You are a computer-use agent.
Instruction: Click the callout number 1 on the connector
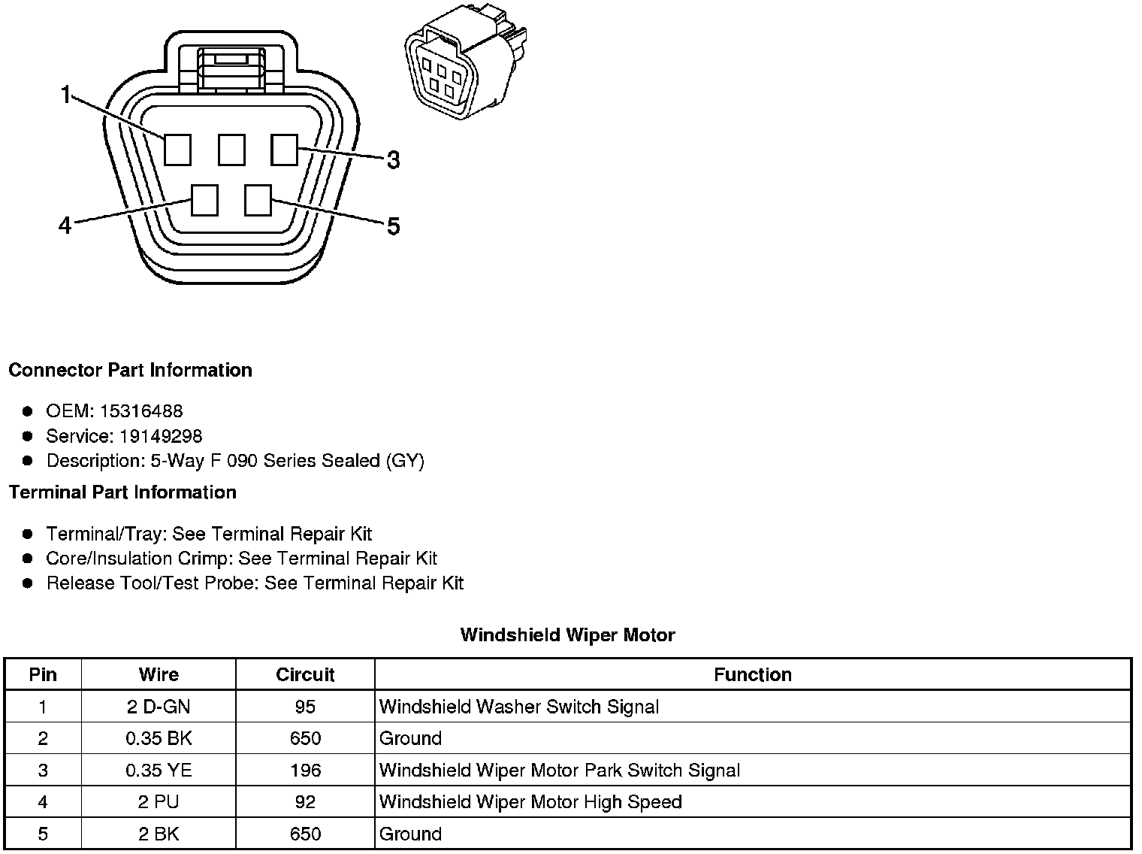66,95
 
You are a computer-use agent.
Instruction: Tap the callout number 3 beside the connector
393,159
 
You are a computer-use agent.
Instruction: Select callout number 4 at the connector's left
65,225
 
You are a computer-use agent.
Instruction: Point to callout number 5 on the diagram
393,226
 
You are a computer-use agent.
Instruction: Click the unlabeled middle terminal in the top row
231,149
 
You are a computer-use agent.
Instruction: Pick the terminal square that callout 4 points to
204,200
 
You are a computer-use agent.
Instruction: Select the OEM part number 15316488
140,411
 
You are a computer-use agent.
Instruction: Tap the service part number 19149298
160,436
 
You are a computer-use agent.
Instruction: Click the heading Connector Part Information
130,370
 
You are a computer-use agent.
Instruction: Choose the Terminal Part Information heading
122,492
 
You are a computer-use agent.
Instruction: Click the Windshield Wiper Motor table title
567,635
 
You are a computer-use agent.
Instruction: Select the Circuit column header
305,674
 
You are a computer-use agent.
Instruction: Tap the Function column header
752,674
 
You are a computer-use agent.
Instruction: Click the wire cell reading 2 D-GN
159,707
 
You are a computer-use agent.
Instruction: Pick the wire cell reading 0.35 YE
159,771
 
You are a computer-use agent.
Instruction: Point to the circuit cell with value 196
305,771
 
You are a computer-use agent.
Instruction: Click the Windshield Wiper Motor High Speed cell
530,802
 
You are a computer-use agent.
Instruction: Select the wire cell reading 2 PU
159,802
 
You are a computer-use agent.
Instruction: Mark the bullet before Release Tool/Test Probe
28,583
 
